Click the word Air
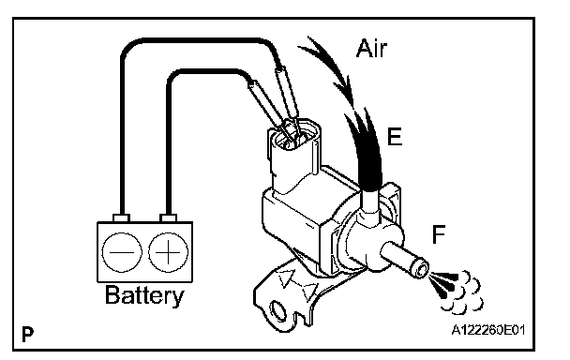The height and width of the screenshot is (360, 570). tap(371, 49)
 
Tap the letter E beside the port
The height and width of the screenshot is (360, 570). tap(395, 137)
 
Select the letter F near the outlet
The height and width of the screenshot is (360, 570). tap(439, 234)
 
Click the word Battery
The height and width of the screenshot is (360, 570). tap(144, 296)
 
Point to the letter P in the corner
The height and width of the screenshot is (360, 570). tap(27, 334)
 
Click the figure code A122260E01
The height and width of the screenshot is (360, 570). tap(488, 330)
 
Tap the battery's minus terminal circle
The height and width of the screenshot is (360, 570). tap(122, 252)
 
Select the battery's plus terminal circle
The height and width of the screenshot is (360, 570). tap(169, 252)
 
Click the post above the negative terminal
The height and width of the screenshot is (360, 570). tap(122, 217)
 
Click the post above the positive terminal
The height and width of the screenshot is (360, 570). tap(169, 217)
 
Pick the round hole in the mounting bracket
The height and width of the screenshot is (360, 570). tap(278, 311)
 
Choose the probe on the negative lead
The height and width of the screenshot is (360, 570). tap(287, 93)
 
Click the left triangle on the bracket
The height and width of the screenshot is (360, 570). tap(284, 278)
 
